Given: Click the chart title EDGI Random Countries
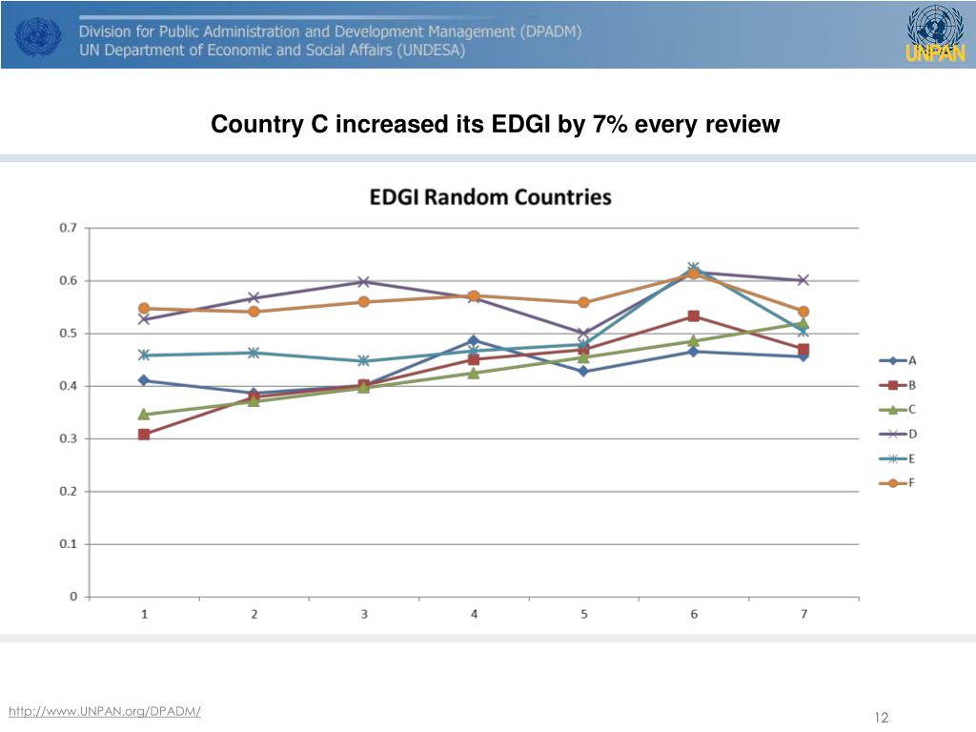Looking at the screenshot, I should point(490,197).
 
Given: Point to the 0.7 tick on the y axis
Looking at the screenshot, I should point(69,228).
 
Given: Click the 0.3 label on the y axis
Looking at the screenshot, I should point(69,438).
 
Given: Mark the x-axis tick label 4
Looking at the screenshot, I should point(474,615).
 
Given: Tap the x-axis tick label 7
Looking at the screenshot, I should point(803,615).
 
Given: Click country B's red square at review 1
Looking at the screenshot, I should point(144,435).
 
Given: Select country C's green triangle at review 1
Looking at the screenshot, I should point(144,414).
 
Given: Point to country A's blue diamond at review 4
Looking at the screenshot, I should point(474,340).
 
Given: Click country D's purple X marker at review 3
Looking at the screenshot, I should point(364,282).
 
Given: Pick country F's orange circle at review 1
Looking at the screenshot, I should point(144,308).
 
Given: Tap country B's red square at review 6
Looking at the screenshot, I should point(693,316).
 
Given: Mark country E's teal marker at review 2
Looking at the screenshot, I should point(254,353).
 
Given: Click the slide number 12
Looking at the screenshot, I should point(881,718).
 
